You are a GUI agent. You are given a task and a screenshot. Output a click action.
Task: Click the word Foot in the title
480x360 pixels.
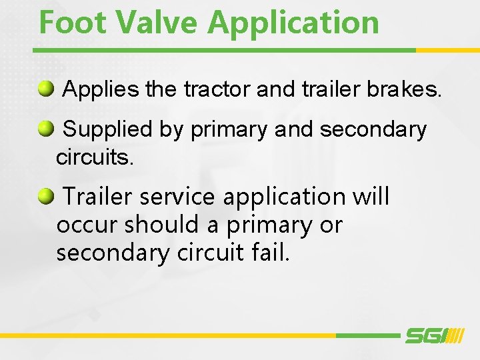pos(73,22)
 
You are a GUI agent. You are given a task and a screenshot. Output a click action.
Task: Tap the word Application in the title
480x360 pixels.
pos(293,23)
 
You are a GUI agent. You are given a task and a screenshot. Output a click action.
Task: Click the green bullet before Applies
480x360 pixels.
pos(46,88)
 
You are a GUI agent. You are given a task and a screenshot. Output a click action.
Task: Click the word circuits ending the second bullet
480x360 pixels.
pos(95,158)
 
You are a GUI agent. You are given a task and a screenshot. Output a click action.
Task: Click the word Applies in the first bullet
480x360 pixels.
pos(101,89)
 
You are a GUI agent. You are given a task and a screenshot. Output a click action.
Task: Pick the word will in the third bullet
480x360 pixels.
pos(371,197)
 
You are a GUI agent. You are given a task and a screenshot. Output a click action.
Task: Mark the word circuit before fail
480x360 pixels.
pos(210,253)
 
